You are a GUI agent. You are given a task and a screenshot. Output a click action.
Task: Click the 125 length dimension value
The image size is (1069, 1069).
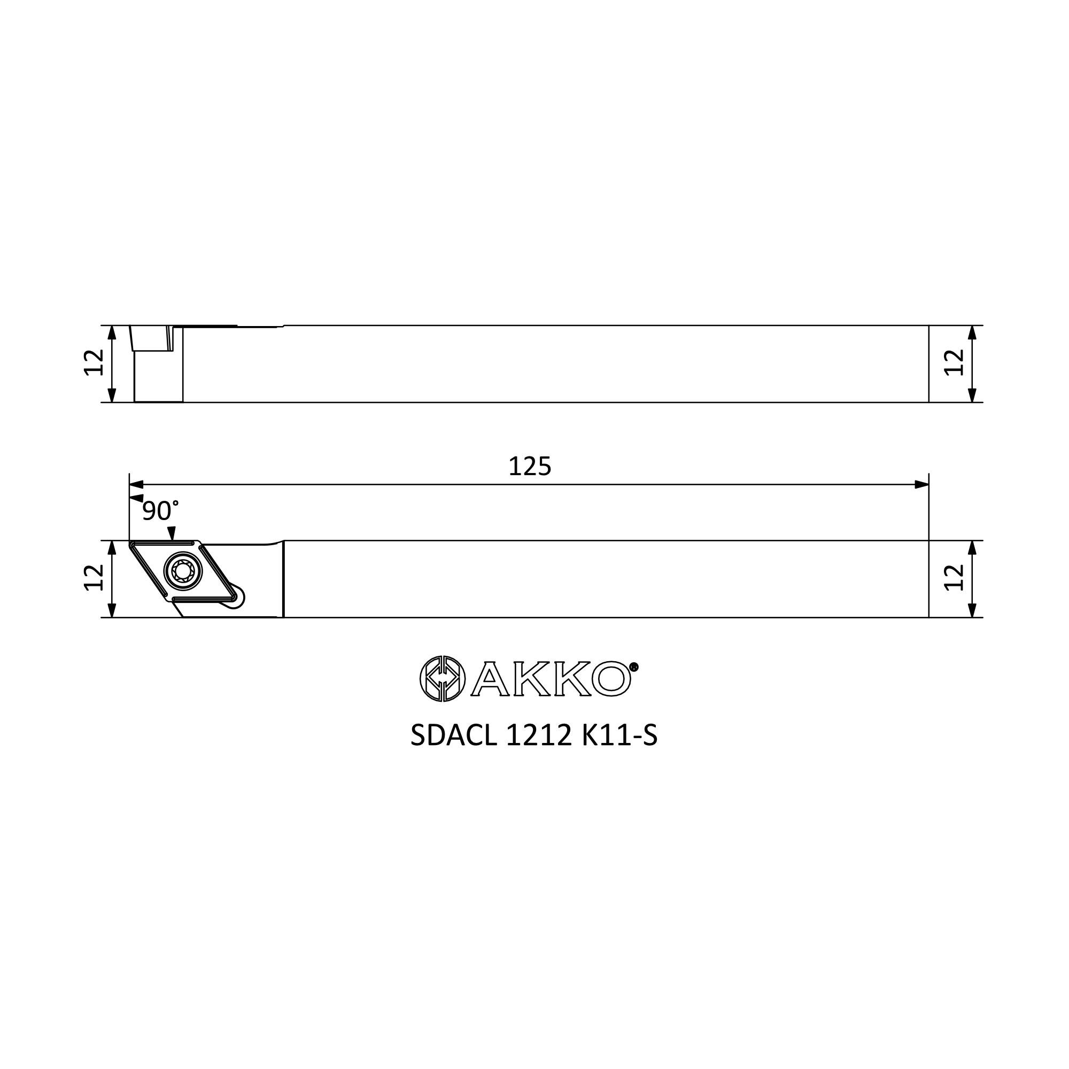530,467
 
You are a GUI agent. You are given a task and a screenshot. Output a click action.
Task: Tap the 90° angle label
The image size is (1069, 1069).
160,510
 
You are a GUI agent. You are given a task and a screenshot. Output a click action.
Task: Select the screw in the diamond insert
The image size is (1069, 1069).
183,570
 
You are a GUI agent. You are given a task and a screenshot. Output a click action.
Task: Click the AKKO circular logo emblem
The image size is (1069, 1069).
442,678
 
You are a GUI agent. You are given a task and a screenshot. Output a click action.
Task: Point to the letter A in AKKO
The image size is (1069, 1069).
490,678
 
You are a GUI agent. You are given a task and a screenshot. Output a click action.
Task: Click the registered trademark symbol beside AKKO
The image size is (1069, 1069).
634,666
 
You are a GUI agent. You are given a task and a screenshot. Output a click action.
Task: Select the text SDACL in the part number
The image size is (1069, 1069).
454,735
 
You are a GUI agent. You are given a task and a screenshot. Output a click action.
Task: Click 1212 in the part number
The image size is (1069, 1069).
538,735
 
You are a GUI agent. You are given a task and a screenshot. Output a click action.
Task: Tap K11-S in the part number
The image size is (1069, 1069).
619,735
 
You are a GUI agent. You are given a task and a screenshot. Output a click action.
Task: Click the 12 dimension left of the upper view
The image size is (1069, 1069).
94,362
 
